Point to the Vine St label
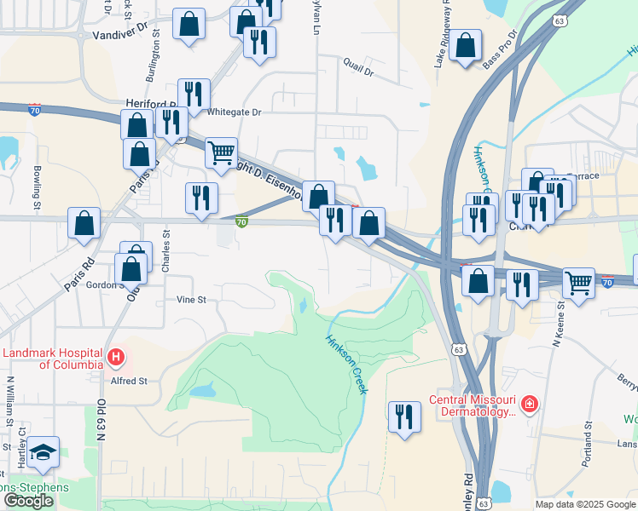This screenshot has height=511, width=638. [191, 300]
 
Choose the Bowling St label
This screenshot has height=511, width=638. [38, 187]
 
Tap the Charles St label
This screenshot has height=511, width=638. [166, 250]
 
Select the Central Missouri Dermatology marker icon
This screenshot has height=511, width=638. [530, 404]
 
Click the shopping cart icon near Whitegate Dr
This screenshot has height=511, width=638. [221, 152]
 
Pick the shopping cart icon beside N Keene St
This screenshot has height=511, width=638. [578, 283]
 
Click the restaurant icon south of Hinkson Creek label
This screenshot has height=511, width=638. [403, 416]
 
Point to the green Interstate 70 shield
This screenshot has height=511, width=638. [242, 222]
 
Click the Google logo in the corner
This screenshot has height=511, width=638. [28, 501]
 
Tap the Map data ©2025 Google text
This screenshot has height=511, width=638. [585, 504]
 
